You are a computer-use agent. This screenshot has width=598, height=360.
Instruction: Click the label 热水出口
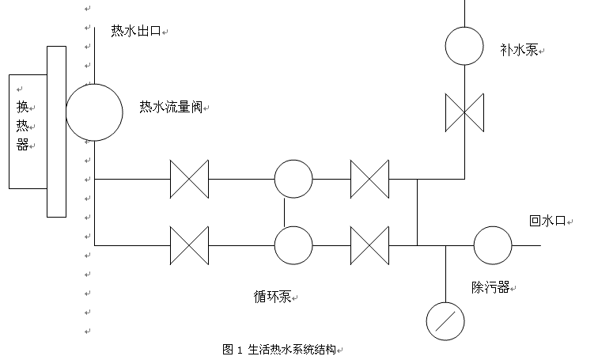[135, 32]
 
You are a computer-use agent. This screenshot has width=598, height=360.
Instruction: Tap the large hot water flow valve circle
[94, 112]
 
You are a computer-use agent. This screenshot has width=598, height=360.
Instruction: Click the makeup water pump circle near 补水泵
[464, 46]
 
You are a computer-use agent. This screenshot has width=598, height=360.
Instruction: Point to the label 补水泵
[519, 50]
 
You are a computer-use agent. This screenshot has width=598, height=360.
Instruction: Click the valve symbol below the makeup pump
[464, 112]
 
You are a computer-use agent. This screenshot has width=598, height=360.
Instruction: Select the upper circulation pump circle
[293, 179]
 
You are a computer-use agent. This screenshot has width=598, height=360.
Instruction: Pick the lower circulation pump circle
[293, 245]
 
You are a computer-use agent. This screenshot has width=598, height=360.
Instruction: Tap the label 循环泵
[272, 297]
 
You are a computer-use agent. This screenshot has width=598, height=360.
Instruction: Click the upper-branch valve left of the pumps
[189, 179]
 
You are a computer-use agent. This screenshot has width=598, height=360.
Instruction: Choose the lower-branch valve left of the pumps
[189, 245]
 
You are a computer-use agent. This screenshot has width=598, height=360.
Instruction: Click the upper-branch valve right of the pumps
[369, 179]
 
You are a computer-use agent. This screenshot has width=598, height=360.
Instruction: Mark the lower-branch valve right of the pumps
[369, 245]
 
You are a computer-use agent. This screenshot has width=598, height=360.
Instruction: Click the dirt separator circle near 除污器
[493, 245]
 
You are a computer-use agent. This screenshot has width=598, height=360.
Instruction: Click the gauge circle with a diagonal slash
[445, 320]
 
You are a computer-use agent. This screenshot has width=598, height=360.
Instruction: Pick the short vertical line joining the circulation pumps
[285, 212]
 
